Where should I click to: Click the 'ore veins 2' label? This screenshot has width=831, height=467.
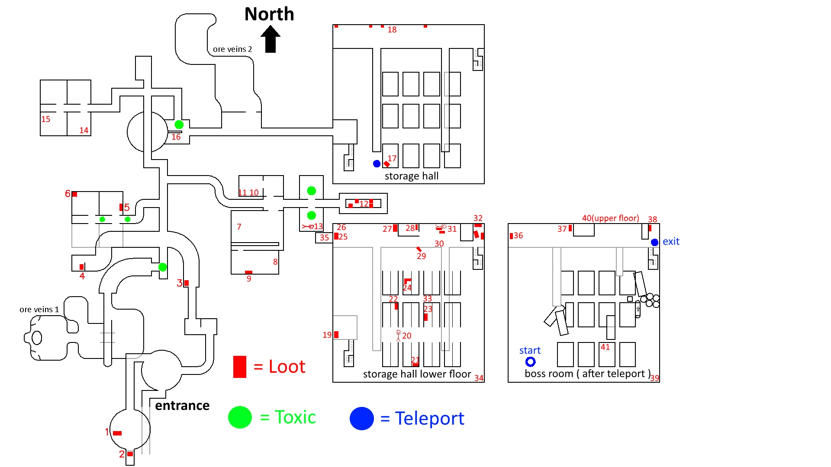pyautogui.click(x=232, y=49)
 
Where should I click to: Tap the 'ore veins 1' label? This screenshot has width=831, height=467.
pyautogui.click(x=39, y=310)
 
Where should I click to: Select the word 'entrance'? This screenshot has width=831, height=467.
pyautogui.click(x=182, y=406)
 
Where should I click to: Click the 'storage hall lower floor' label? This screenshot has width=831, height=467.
pyautogui.click(x=417, y=374)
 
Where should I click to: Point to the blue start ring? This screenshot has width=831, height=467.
pyautogui.click(x=530, y=361)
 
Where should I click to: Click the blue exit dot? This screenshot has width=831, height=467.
pyautogui.click(x=654, y=242)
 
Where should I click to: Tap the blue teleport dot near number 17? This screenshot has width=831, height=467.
pyautogui.click(x=377, y=164)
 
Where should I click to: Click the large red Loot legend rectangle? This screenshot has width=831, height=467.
pyautogui.click(x=240, y=367)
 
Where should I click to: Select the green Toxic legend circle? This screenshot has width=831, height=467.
pyautogui.click(x=240, y=417)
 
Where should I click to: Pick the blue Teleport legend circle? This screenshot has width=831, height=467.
pyautogui.click(x=362, y=418)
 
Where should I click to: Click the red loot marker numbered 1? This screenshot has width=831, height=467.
pyautogui.click(x=117, y=433)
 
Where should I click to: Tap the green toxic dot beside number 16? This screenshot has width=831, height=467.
pyautogui.click(x=179, y=125)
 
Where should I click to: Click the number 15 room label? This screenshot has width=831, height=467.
pyautogui.click(x=45, y=119)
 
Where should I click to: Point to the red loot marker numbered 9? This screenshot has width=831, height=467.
pyautogui.click(x=248, y=272)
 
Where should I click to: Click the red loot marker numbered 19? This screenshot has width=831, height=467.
pyautogui.click(x=336, y=334)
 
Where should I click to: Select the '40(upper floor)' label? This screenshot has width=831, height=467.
pyautogui.click(x=610, y=218)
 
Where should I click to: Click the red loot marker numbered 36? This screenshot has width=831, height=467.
pyautogui.click(x=511, y=236)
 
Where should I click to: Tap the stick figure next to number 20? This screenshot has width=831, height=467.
pyautogui.click(x=399, y=335)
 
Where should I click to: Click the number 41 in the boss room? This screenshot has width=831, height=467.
pyautogui.click(x=605, y=347)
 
